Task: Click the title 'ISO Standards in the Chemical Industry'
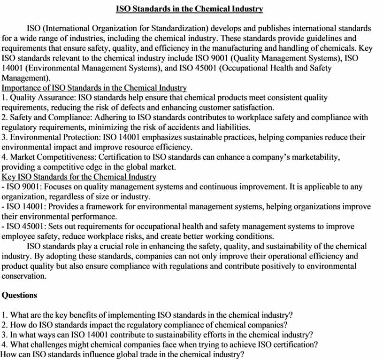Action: pyautogui.click(x=189, y=9)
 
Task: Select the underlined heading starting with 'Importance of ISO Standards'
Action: pyautogui.click(x=94, y=88)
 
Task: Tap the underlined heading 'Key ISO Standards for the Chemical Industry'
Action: pyautogui.click(x=79, y=177)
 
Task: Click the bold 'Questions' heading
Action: pyautogui.click(x=19, y=295)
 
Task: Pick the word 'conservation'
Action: pyautogui.click(x=23, y=276)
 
